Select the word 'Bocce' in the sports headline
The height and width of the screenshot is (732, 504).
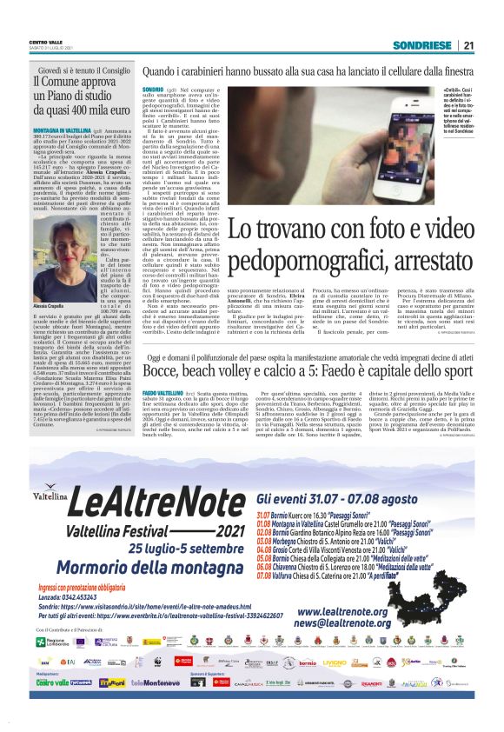coord(164,369)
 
